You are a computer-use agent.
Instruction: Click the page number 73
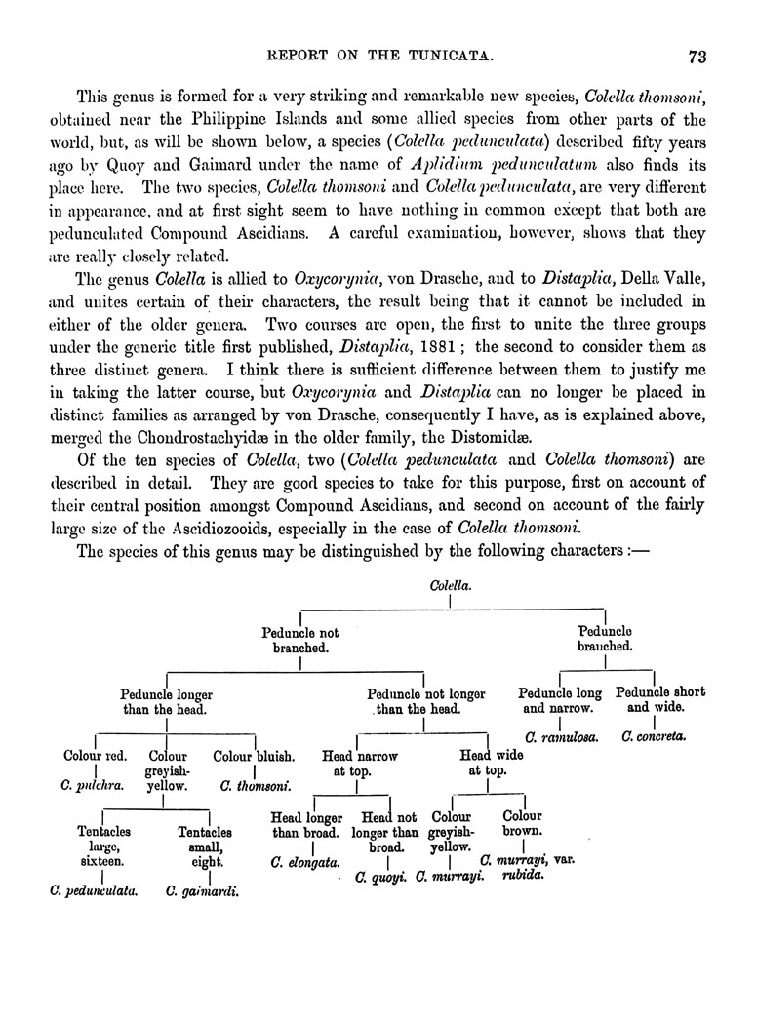(697, 56)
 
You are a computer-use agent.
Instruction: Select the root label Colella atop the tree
(450, 586)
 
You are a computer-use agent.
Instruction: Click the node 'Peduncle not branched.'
(300, 640)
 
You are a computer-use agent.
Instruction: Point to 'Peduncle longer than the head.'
(166, 701)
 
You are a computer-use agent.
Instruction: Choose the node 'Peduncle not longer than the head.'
(425, 701)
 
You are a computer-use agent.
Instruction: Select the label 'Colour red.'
(95, 755)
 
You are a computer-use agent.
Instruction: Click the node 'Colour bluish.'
(248, 755)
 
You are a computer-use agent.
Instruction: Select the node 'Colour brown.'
(523, 824)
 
